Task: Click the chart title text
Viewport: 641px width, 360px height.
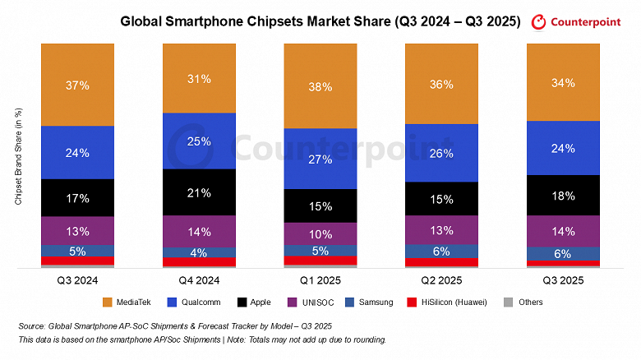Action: coord(320,22)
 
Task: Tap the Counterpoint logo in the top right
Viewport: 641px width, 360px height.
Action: coord(579,22)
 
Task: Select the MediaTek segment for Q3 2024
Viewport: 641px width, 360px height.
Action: coord(77,84)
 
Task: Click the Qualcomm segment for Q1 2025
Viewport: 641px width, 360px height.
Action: coord(320,159)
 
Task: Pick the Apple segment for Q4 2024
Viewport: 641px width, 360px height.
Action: coord(199,192)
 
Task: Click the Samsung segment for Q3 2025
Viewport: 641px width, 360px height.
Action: coord(562,254)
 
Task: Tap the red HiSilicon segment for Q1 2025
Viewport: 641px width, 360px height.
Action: coord(320,261)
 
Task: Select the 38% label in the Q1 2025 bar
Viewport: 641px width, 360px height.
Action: coord(320,86)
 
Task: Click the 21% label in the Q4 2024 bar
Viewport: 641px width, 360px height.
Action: coord(199,192)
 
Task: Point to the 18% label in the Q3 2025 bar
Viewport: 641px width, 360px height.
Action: coord(562,196)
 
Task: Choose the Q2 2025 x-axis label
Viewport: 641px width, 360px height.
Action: coord(441,279)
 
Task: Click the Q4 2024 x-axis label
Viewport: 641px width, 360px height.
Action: coord(199,279)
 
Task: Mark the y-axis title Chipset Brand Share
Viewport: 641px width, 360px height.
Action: coord(18,155)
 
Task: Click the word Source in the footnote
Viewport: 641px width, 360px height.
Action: coord(33,326)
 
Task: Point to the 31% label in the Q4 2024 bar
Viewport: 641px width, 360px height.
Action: coord(199,79)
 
